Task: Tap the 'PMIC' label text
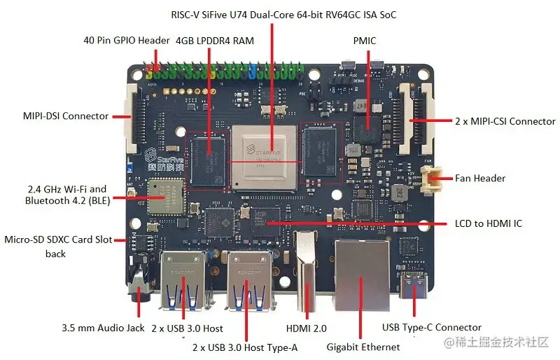(365, 41)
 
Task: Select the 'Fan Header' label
(480, 178)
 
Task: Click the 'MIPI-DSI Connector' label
(57, 116)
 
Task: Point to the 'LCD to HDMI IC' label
(488, 223)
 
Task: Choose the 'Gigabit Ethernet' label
(363, 347)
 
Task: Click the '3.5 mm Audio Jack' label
(102, 328)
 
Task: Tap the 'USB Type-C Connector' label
(431, 327)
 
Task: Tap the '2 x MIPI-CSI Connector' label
(505, 121)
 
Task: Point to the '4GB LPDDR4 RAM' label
(215, 41)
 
